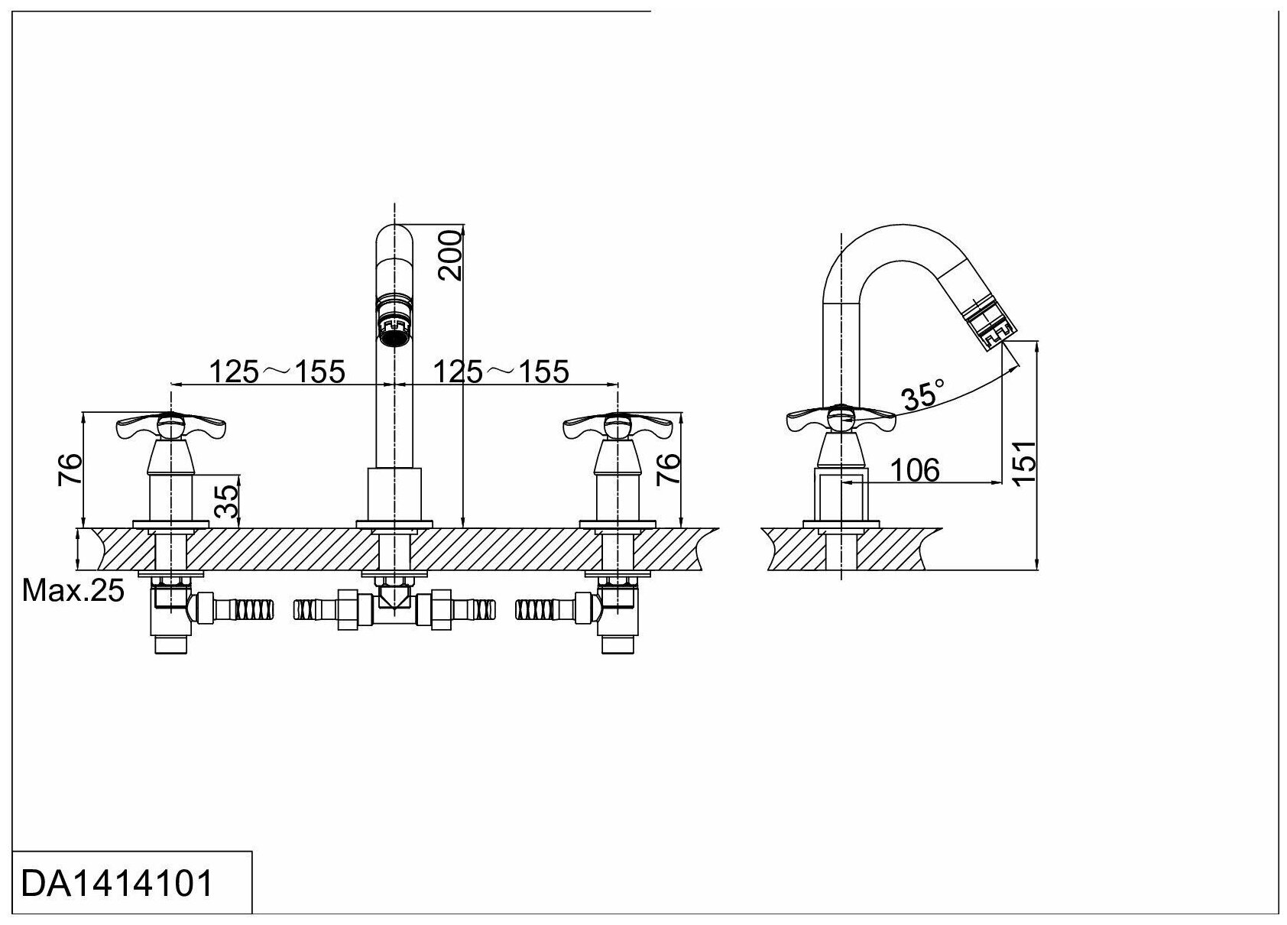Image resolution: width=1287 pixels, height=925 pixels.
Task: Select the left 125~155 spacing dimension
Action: point(278,372)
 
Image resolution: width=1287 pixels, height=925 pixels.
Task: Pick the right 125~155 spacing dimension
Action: point(501,372)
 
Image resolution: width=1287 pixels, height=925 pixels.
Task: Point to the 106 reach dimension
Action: point(916,470)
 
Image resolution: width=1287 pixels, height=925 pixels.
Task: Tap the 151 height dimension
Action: point(1023,460)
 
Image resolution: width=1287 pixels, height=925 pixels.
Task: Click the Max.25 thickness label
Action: point(73,590)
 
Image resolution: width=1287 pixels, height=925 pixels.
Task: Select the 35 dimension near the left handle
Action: point(226,501)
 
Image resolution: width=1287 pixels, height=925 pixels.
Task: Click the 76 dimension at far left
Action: point(70,469)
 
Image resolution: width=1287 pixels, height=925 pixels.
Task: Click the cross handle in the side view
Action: point(840,419)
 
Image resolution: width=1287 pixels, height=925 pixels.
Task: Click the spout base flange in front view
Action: point(394,524)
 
